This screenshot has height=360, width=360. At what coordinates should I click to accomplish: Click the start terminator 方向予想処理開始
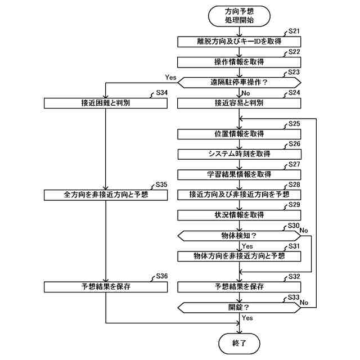click(x=239, y=15)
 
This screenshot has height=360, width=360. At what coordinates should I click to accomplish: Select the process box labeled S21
click(x=239, y=41)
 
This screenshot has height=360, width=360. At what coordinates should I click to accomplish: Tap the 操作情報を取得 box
click(x=239, y=61)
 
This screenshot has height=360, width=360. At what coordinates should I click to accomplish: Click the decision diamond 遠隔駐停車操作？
click(x=239, y=82)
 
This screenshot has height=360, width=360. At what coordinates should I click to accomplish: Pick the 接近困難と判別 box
click(x=106, y=103)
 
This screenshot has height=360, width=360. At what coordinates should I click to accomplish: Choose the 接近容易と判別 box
click(x=239, y=103)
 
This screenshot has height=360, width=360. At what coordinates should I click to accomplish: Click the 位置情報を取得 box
click(x=239, y=134)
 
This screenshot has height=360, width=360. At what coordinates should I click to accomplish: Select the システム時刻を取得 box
click(x=239, y=154)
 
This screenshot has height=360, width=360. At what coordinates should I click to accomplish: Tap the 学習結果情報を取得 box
click(x=239, y=174)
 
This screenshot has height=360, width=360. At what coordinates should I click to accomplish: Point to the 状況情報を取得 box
click(x=239, y=215)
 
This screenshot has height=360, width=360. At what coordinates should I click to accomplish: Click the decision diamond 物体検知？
click(x=239, y=235)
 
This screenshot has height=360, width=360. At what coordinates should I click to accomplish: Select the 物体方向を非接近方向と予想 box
click(x=239, y=256)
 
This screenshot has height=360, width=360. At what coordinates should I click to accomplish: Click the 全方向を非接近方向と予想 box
click(x=106, y=195)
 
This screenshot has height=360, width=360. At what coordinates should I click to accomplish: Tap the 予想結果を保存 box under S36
click(x=106, y=287)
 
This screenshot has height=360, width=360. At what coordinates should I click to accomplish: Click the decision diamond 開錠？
click(x=239, y=307)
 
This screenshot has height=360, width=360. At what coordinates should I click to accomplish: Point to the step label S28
click(x=294, y=185)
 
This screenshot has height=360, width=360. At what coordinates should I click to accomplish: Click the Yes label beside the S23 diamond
click(x=170, y=76)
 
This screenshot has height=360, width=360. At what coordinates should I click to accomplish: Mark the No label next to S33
click(x=304, y=302)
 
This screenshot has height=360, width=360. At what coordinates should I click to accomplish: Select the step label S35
click(x=161, y=185)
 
